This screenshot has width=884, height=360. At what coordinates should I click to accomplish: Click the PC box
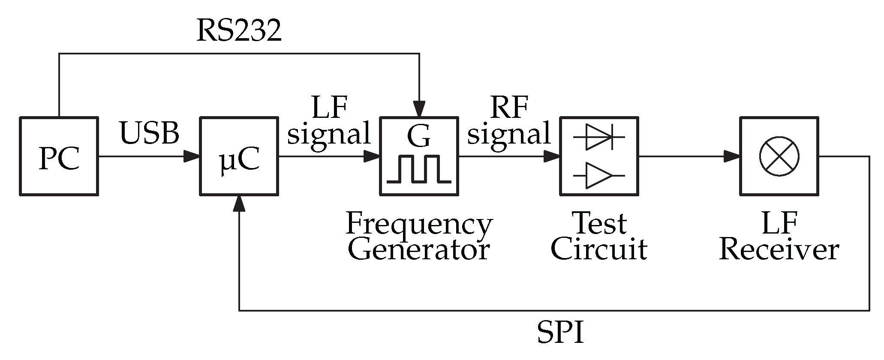point(59,156)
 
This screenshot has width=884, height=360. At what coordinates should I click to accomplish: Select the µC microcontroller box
point(239,156)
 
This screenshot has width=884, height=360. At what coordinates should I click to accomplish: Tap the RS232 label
point(239,31)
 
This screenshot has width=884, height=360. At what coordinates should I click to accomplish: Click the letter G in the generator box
point(418,136)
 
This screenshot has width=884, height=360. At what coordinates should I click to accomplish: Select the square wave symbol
point(419,170)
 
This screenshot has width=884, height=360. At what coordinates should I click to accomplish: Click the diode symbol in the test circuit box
point(599,137)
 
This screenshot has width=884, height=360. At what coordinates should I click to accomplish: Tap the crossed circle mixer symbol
point(779,156)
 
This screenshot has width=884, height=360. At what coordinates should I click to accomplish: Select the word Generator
point(419,250)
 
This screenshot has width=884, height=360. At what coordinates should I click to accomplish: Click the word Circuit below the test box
point(599,250)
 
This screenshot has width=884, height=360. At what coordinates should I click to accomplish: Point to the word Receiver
point(779,250)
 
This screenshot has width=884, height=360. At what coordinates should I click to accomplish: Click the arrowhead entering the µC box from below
point(239,203)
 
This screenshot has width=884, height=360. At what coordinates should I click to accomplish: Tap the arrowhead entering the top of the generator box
point(419,108)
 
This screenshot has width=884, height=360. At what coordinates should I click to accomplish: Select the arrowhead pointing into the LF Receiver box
point(731,156)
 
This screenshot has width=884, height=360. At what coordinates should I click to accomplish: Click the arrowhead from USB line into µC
point(191,156)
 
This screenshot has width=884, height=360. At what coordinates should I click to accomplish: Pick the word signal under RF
point(508,134)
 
